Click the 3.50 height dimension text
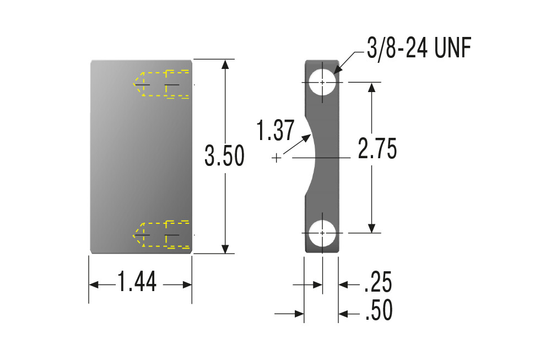click(x=225, y=155)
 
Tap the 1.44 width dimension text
click(x=137, y=282)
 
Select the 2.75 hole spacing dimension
click(x=377, y=148)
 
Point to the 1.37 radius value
click(x=275, y=131)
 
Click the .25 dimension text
click(x=378, y=282)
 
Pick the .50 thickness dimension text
click(x=379, y=310)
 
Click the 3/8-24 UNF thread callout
click(x=419, y=48)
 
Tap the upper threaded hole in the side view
click(x=322, y=82)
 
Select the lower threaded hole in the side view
click(x=322, y=233)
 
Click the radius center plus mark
click(x=277, y=158)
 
